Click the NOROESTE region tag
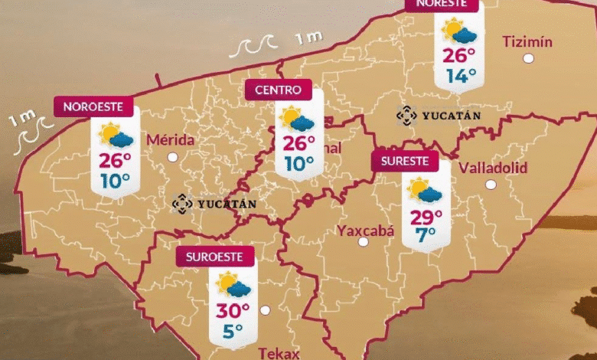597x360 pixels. pyautogui.click(x=93, y=107)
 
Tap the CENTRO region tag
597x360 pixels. pyautogui.click(x=279, y=90)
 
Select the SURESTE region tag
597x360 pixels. pyautogui.click(x=405, y=162)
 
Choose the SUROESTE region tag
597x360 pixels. pyautogui.click(x=210, y=257)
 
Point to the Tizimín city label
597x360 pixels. pyautogui.click(x=527, y=41)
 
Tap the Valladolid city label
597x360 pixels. pyautogui.click(x=493, y=167)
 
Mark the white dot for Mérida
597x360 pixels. pyautogui.click(x=173, y=157)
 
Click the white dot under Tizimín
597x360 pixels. pyautogui.click(x=527, y=58)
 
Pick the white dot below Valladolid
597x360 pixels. pyautogui.click(x=491, y=185)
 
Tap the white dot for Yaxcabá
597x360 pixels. pyautogui.click(x=364, y=242)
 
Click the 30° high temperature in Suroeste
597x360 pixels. pyautogui.click(x=233, y=311)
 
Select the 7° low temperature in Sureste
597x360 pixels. pyautogui.click(x=425, y=234)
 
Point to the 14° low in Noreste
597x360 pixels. pyautogui.click(x=461, y=75)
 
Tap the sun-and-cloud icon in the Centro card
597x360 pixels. pyautogui.click(x=297, y=120)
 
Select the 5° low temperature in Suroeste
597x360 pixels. pyautogui.click(x=233, y=331)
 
